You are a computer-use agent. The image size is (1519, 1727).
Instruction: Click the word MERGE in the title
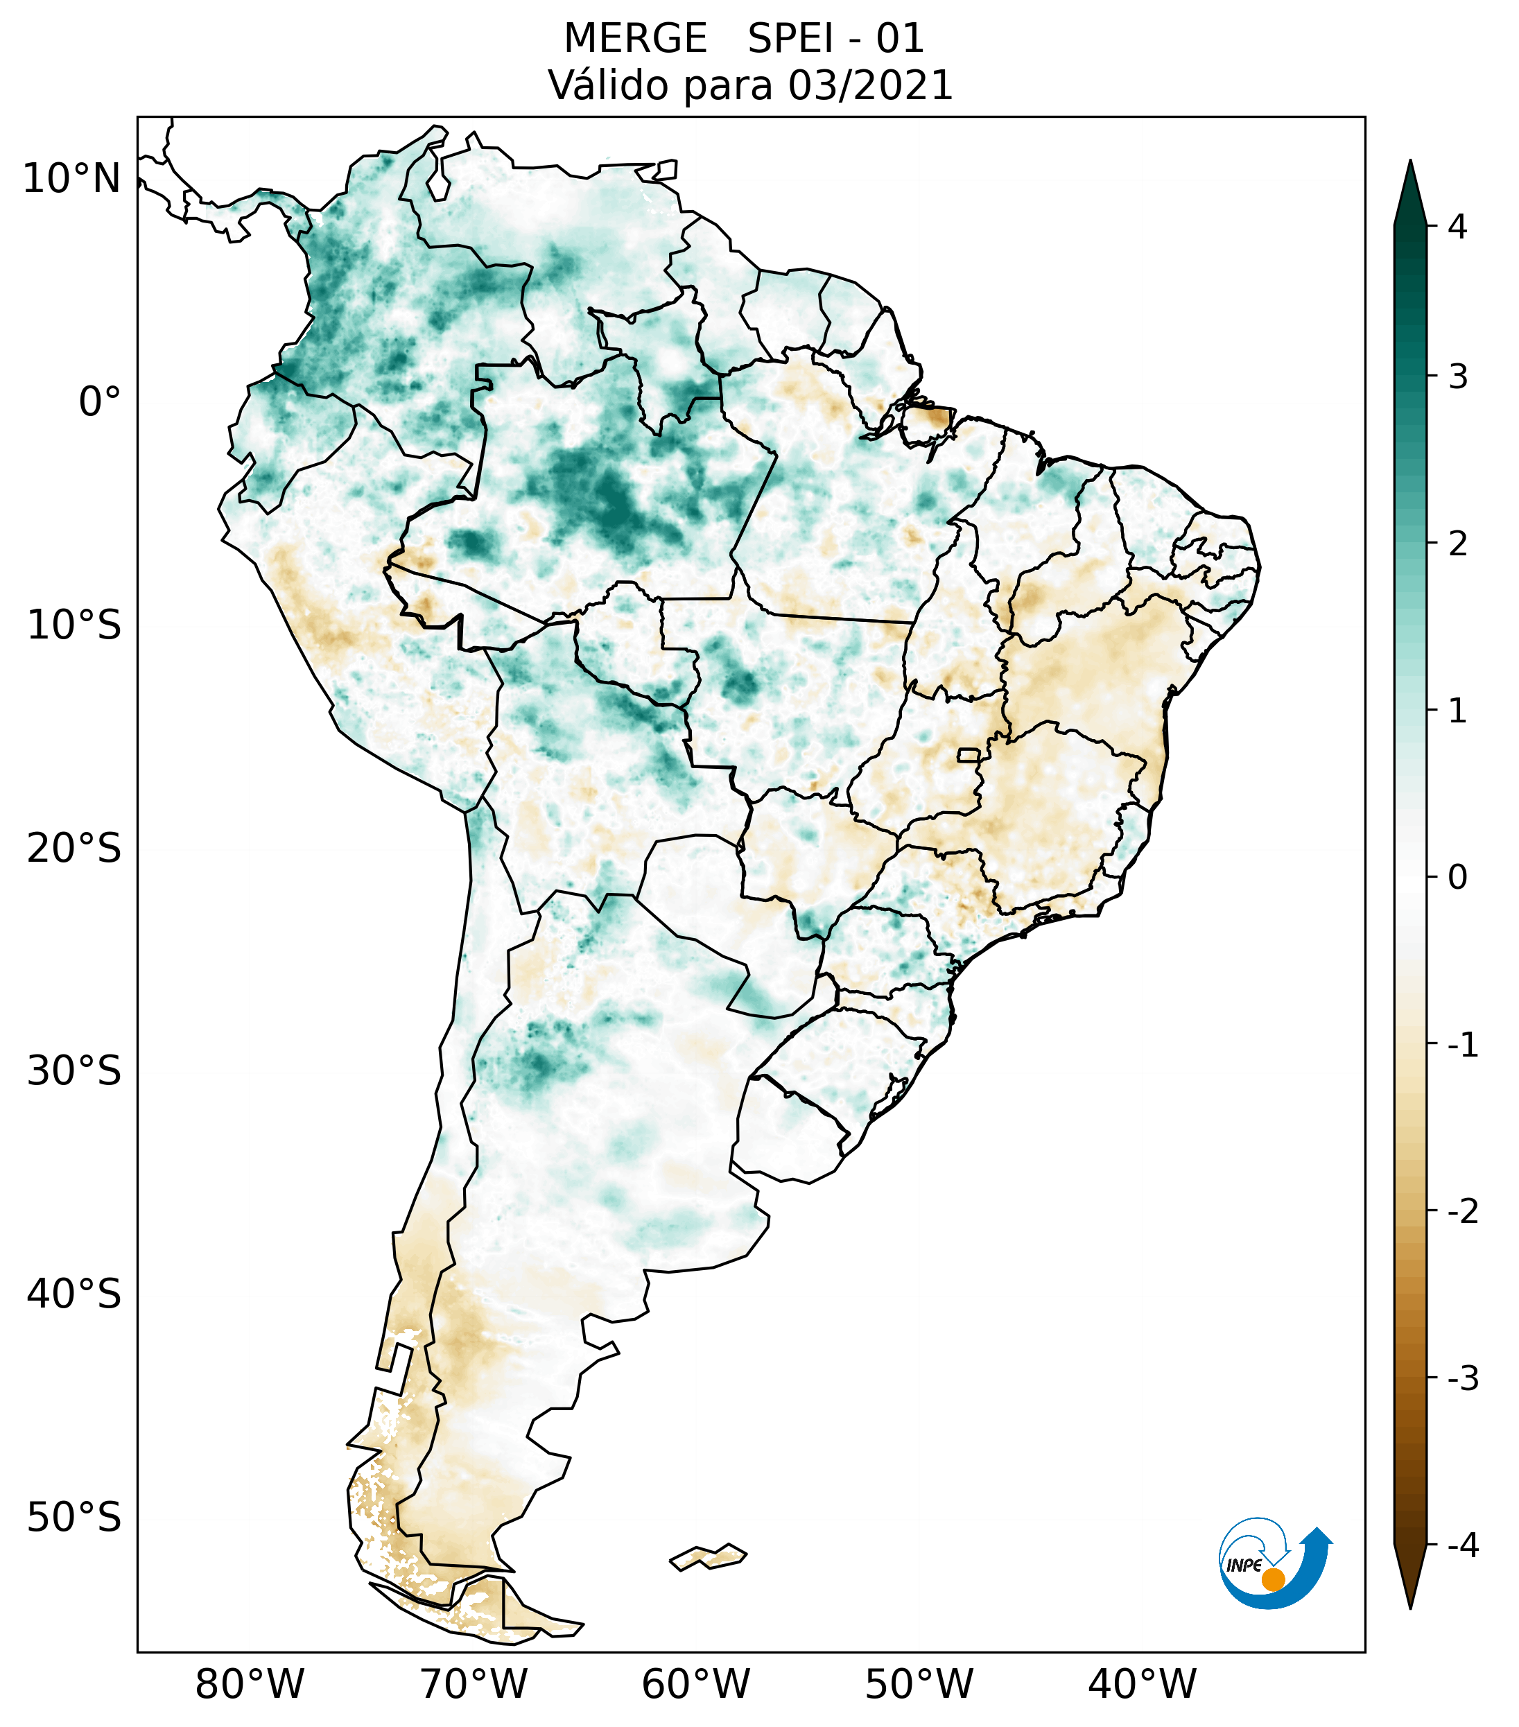(634, 39)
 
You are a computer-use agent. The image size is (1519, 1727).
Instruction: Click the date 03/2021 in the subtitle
(870, 85)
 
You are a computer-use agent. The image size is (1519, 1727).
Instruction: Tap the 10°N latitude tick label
(72, 179)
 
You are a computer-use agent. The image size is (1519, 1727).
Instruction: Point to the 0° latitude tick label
(100, 402)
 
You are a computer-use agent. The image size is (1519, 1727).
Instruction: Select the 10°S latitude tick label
(74, 625)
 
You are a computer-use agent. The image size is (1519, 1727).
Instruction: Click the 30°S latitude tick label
(74, 1071)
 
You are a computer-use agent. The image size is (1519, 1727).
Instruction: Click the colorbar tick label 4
(1457, 227)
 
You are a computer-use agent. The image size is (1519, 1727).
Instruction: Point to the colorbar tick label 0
(1457, 878)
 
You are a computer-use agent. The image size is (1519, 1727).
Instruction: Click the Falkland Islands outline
(708, 1556)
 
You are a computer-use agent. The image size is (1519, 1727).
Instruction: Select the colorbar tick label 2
(1457, 544)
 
